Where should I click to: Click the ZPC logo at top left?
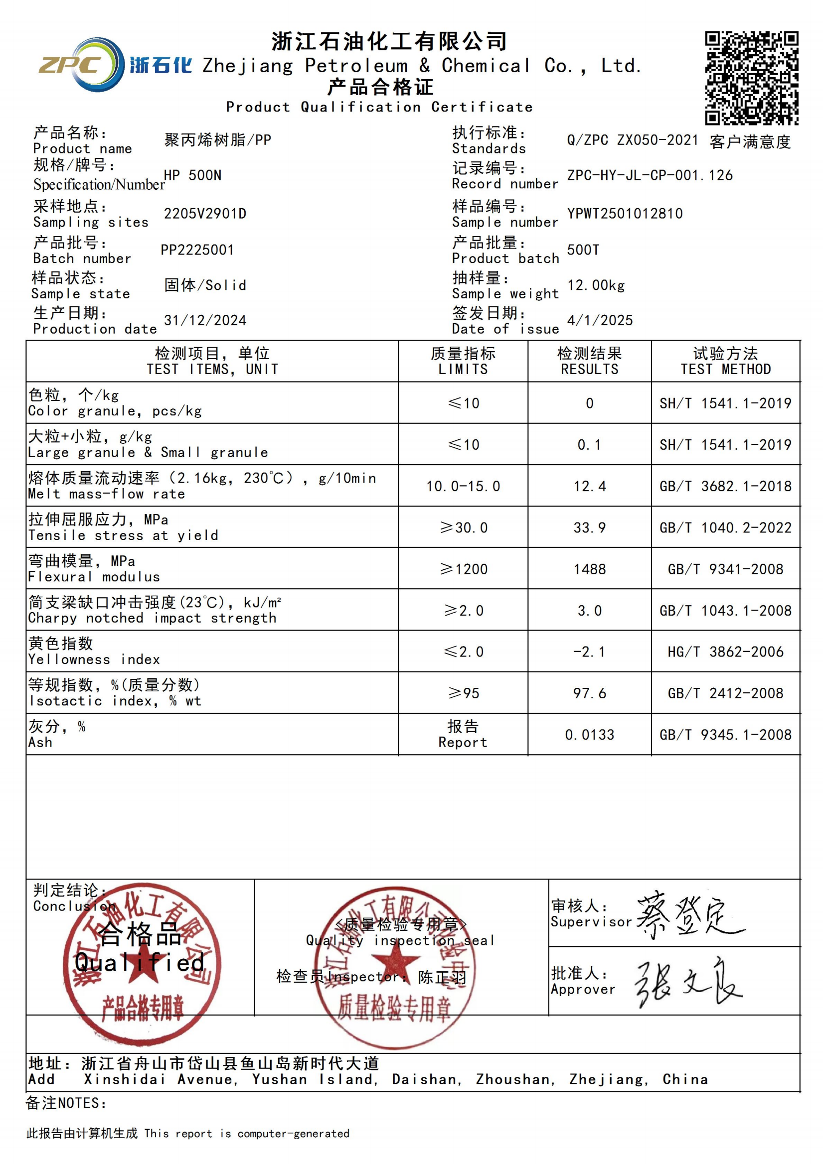[x=81, y=65]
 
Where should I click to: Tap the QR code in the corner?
[x=751, y=78]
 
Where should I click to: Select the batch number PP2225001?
[x=197, y=250]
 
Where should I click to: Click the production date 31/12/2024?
[x=204, y=320]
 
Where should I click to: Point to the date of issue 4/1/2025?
[x=600, y=320]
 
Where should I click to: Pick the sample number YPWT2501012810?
[x=625, y=214]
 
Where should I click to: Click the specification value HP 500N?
[x=192, y=175]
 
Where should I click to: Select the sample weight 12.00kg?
[x=596, y=285]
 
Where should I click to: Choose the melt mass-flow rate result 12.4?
[x=589, y=486]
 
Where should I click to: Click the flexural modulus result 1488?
[x=589, y=569]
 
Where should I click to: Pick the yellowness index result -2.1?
[x=589, y=651]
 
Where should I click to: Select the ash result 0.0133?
[x=589, y=734]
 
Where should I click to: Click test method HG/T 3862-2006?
[x=725, y=651]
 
